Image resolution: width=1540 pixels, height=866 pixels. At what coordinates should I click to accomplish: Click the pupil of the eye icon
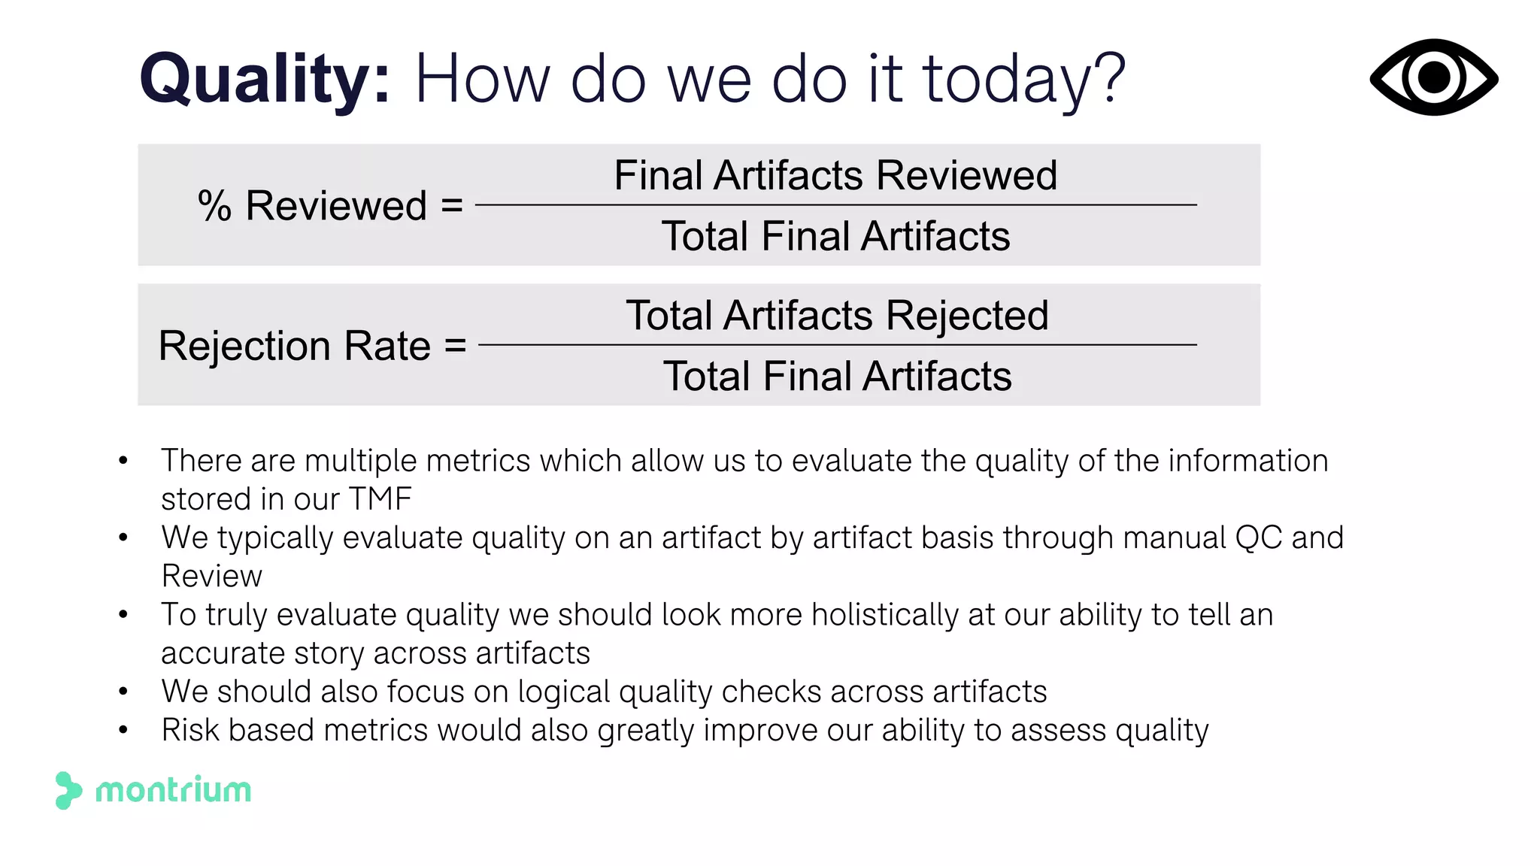coord(1434,77)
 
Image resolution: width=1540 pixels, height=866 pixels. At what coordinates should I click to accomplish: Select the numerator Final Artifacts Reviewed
coord(835,175)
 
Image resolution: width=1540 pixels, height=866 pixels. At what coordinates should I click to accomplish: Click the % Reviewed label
coord(313,205)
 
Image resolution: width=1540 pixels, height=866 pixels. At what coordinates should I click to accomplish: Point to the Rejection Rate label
coord(294,346)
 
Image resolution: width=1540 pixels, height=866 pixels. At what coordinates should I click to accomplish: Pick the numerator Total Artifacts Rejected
coord(837,315)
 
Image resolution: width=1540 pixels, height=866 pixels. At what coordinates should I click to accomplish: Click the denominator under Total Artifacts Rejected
coord(837,376)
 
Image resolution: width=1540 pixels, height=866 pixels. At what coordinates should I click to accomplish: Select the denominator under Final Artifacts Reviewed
coord(835,236)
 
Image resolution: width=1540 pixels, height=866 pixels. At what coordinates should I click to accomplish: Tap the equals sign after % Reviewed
coord(452,204)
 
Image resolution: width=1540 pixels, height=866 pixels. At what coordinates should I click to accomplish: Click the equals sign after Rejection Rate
coord(455,345)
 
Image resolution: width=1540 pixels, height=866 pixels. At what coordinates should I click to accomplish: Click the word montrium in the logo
coord(173,790)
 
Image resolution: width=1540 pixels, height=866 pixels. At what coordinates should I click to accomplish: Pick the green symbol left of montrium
coord(68,790)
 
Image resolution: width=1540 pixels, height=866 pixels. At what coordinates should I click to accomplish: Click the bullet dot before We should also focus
coord(123,692)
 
